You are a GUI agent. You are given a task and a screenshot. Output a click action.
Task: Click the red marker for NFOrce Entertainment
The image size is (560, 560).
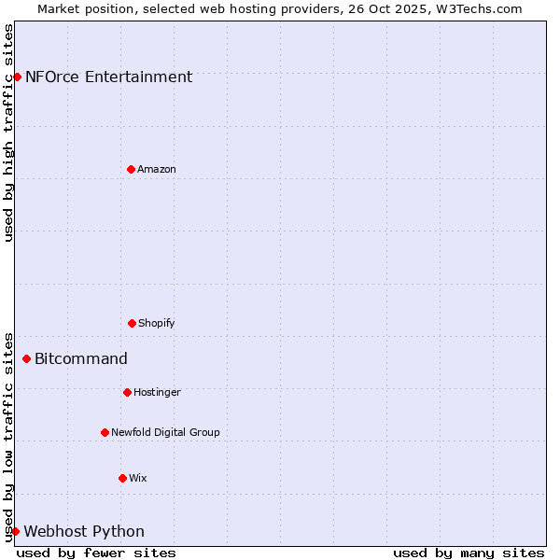[17, 77]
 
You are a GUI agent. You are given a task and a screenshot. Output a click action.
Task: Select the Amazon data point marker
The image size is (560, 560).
[131, 169]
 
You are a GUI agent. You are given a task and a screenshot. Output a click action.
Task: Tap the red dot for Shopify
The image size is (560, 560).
[132, 323]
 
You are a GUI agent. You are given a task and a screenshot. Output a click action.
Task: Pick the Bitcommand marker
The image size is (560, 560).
[26, 358]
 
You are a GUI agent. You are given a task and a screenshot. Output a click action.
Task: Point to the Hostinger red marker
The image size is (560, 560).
[127, 392]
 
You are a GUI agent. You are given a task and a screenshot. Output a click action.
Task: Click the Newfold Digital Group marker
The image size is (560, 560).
[105, 432]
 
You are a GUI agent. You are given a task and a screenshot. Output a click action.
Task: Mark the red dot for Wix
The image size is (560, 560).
[122, 478]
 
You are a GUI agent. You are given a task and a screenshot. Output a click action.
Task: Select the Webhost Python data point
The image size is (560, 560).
[15, 531]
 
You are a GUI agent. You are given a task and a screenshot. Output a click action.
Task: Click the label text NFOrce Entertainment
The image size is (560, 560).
[108, 77]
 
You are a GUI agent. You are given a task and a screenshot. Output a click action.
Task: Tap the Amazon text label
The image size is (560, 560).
[157, 169]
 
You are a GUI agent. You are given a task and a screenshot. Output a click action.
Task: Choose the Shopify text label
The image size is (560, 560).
[157, 323]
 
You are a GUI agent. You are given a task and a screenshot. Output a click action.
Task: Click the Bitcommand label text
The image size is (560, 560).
[81, 359]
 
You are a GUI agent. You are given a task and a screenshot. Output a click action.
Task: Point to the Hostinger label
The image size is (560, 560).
[157, 392]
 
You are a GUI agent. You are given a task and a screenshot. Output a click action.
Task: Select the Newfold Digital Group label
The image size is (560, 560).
[165, 432]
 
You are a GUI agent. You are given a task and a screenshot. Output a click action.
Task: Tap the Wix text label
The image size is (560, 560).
[138, 478]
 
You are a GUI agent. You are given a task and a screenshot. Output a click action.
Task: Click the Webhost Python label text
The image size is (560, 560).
[84, 532]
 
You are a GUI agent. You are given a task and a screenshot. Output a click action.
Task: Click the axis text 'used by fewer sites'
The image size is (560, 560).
[96, 553]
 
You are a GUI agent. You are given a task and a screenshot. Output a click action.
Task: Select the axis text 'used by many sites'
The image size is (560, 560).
[469, 553]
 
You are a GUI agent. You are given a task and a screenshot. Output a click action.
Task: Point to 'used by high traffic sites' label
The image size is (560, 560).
[8, 133]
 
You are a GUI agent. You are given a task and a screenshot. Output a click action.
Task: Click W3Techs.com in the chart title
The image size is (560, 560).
[477, 8]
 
